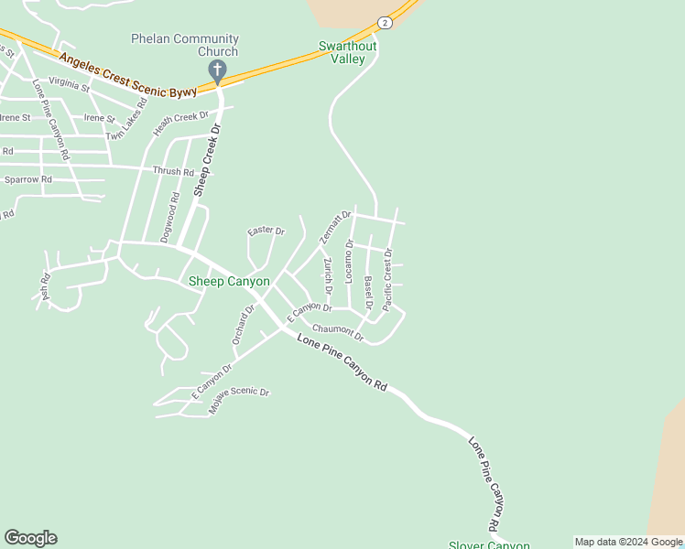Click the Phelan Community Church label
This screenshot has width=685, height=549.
[185, 46]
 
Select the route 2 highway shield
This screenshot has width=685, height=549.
[386, 22]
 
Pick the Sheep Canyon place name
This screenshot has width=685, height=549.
[229, 282]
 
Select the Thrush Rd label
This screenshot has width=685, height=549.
[173, 171]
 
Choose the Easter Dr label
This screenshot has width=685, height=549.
[266, 231]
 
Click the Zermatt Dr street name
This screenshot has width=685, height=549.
[330, 226]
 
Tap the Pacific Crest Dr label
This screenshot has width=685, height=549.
[388, 278]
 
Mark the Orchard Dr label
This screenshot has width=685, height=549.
[244, 325]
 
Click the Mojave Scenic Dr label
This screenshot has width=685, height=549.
[239, 399]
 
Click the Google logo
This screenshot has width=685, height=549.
[30, 538]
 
